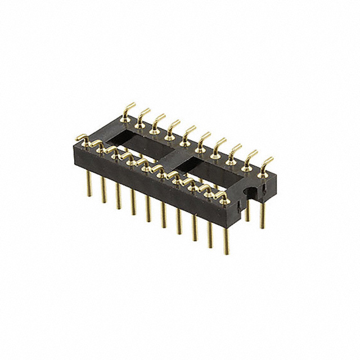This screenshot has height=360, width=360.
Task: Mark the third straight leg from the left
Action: [x=118, y=195]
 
